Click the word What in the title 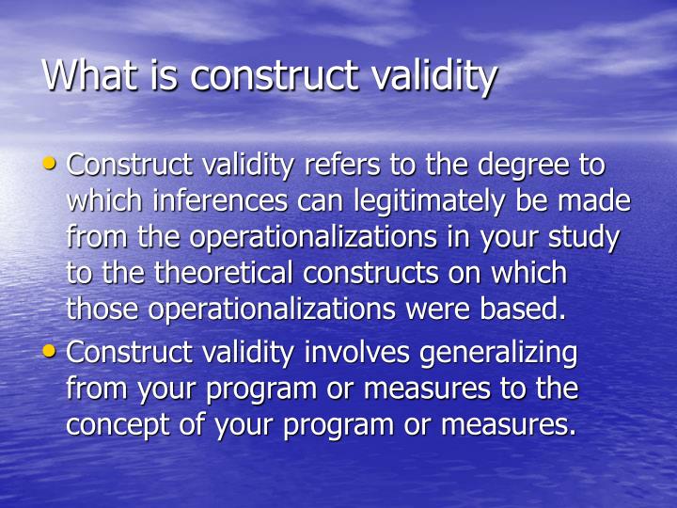point(89,76)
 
